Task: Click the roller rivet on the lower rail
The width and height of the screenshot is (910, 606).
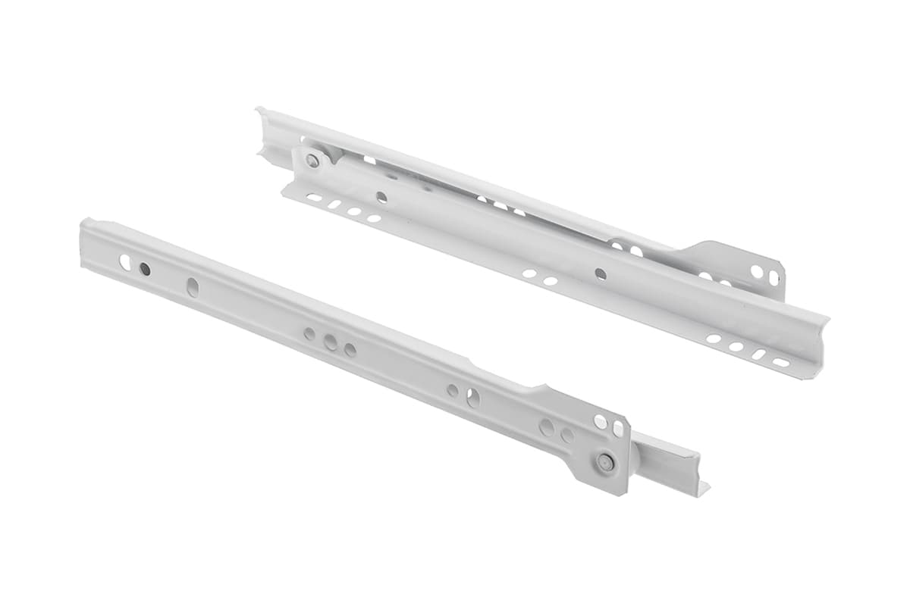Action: [605, 462]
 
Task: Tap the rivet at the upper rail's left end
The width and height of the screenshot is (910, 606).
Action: [312, 160]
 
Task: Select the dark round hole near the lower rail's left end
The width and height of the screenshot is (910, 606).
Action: [145, 269]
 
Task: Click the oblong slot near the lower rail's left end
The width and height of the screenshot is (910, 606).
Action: [193, 287]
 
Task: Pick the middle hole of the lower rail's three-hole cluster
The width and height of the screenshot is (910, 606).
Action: [331, 342]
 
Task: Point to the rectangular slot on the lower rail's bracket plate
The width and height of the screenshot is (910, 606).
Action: [617, 429]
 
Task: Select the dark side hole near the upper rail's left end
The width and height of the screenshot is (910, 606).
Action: [381, 197]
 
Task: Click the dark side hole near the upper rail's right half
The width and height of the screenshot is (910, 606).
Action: [601, 273]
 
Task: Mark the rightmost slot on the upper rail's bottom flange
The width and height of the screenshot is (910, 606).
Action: [780, 363]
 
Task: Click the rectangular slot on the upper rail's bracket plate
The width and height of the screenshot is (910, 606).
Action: [773, 278]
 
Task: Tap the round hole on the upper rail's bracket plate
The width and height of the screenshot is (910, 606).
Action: [757, 271]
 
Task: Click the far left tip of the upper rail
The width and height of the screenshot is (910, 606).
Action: [259, 114]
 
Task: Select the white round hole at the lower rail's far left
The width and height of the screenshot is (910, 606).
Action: [125, 263]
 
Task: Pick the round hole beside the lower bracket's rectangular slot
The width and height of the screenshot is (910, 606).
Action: [601, 421]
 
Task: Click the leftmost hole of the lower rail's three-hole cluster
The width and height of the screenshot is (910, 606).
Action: [309, 333]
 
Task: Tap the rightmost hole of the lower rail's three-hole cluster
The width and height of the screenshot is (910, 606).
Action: [350, 349]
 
